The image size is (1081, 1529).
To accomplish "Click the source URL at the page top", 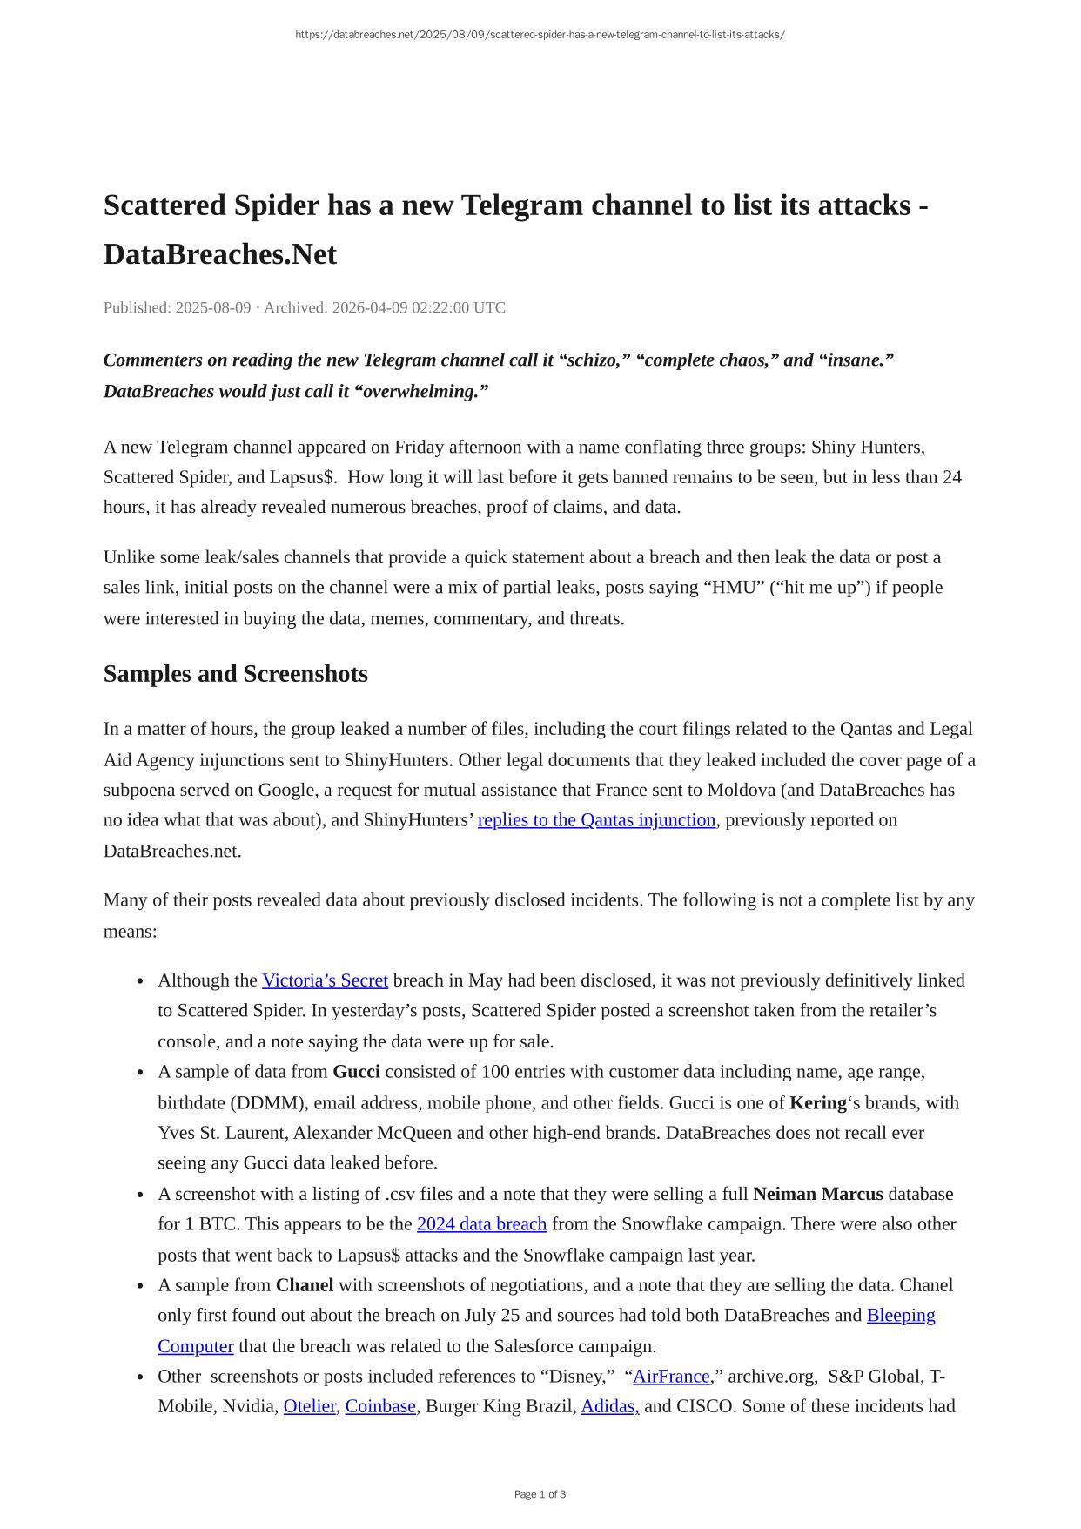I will (x=540, y=35).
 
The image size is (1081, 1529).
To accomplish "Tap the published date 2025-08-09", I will (x=213, y=307).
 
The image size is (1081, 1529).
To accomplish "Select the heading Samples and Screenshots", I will (x=235, y=674).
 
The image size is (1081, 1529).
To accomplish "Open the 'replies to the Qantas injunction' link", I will (x=596, y=820).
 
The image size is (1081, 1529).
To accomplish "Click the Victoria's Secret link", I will (x=325, y=980).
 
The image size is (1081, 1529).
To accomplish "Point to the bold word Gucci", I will (x=356, y=1072).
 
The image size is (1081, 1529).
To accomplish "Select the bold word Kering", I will (x=817, y=1103).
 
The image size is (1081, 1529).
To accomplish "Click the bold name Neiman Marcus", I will (x=817, y=1194).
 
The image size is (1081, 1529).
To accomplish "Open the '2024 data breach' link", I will (x=481, y=1224).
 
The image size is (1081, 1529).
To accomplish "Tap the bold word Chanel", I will (x=305, y=1285).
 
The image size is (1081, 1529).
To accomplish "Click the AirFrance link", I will (x=671, y=1377).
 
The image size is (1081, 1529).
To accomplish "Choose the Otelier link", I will (x=309, y=1406).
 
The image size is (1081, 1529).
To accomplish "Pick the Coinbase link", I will (x=380, y=1406).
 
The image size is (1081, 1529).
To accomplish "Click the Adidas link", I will (x=609, y=1406).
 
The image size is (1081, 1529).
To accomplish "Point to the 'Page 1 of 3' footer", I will (x=540, y=1494).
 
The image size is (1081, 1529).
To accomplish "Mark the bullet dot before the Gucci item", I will (x=141, y=1073).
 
